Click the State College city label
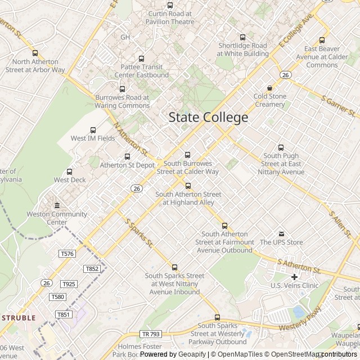coord(208,118)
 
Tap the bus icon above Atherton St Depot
coord(127,157)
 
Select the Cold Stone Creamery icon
coord(270,88)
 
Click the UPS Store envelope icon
coord(281,234)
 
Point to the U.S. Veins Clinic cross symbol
coord(294,277)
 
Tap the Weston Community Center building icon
coord(57,205)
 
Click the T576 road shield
coord(67,254)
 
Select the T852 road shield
coord(92,269)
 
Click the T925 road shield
coord(69,284)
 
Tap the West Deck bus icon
coord(70,172)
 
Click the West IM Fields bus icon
coord(93,130)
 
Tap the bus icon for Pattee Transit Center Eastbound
coord(141,58)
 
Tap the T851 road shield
coord(64,314)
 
